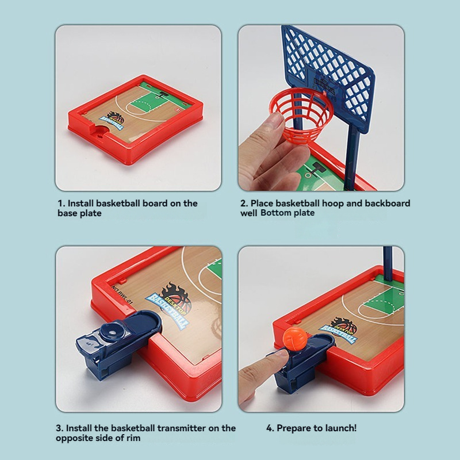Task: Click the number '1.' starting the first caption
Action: click(61, 204)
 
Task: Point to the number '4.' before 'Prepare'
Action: click(270, 428)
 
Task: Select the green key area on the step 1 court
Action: click(147, 107)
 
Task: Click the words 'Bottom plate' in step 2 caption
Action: click(287, 213)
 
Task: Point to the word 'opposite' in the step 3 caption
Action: click(72, 438)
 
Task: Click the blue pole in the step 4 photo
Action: click(388, 264)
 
